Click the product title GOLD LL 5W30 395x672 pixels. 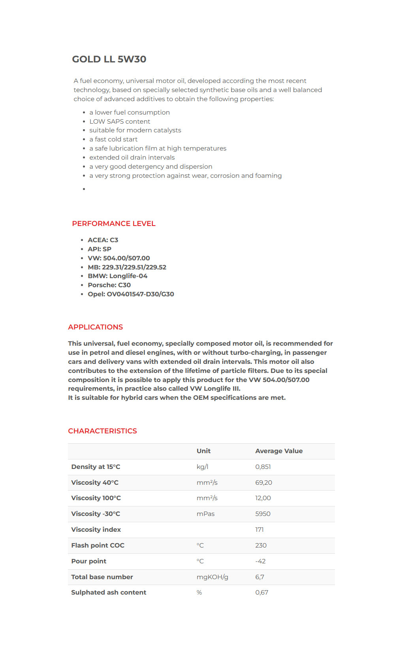(x=109, y=59)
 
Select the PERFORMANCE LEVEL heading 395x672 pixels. (x=114, y=224)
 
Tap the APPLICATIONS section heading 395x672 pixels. (x=96, y=327)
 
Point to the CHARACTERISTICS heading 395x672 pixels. (x=102, y=431)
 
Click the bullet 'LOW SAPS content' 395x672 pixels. (x=120, y=121)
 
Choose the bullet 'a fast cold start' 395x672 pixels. (x=113, y=139)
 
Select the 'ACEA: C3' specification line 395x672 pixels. (x=103, y=240)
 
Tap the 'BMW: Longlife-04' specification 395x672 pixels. (x=117, y=276)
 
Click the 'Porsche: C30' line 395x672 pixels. (x=109, y=285)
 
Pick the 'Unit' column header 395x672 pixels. (x=203, y=451)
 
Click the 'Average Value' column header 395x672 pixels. (x=279, y=451)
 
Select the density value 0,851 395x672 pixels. (x=263, y=467)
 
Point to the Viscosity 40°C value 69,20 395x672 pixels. (x=263, y=483)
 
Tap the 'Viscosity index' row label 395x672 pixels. (x=96, y=530)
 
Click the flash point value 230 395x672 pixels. (x=261, y=546)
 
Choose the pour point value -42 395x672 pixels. (x=260, y=561)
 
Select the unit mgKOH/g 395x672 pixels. (x=213, y=577)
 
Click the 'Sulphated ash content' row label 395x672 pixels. (x=109, y=593)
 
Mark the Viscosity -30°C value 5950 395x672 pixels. (x=263, y=514)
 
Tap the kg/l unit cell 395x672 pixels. (x=202, y=467)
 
